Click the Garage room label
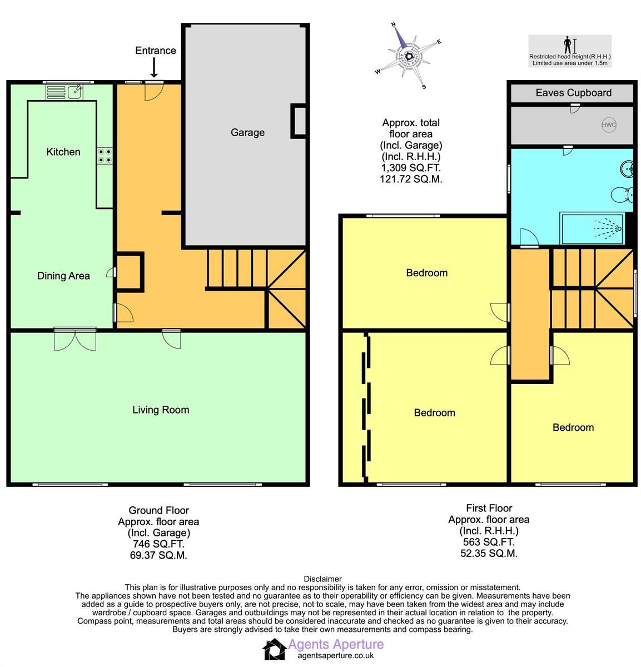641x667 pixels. click(247, 132)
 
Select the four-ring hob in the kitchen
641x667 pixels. click(105, 155)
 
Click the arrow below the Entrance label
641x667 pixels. click(154, 69)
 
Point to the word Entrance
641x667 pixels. click(155, 51)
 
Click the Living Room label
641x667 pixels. click(161, 410)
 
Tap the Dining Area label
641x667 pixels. click(63, 276)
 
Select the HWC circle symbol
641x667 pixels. click(609, 125)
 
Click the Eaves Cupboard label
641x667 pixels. click(573, 93)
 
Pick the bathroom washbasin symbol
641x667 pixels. click(626, 168)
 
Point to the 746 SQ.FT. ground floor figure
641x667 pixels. click(158, 544)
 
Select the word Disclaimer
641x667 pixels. click(322, 579)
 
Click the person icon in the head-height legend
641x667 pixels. click(567, 44)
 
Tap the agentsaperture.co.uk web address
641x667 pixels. click(336, 656)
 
